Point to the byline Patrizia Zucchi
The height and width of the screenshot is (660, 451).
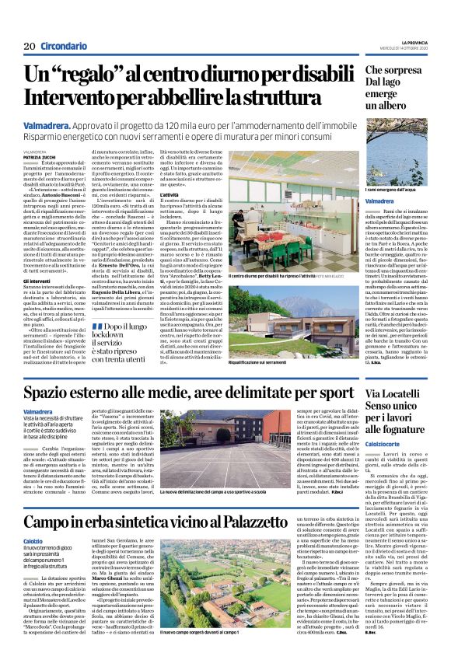pyautogui.click(x=39, y=157)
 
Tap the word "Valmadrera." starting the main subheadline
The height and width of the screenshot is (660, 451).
pyautogui.click(x=50, y=124)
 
